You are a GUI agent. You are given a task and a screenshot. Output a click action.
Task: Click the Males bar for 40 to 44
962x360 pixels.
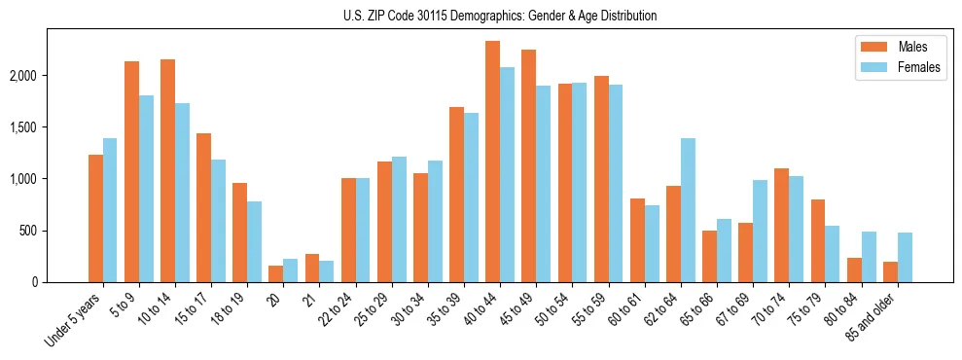coord(493,162)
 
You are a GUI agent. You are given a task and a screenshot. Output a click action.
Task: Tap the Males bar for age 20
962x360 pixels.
coord(276,273)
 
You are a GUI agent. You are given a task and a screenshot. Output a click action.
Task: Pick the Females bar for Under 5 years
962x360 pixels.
coord(110,210)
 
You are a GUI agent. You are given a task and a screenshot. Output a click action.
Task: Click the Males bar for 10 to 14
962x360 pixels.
coord(168,170)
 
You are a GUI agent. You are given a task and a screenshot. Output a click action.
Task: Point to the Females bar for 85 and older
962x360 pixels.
coord(905,258)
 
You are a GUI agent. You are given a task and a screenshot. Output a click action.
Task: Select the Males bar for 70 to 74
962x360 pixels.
coord(782,225)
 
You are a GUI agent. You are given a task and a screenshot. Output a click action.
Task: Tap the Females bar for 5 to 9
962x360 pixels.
coord(146,189)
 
